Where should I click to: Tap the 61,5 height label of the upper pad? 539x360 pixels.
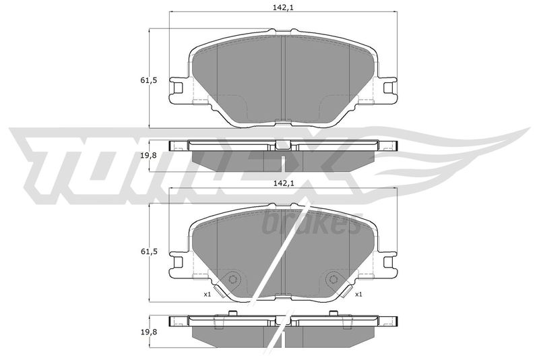point(150,80)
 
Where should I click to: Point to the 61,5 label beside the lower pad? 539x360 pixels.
point(150,251)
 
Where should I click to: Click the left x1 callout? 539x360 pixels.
point(207,295)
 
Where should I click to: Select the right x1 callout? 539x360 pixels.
point(359,295)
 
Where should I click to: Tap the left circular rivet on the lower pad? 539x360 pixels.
point(233,279)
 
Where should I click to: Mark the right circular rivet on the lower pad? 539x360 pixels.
point(332,279)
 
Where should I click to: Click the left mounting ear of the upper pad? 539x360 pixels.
point(179,88)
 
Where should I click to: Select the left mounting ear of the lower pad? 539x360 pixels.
point(179,260)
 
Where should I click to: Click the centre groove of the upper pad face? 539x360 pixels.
point(283,78)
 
